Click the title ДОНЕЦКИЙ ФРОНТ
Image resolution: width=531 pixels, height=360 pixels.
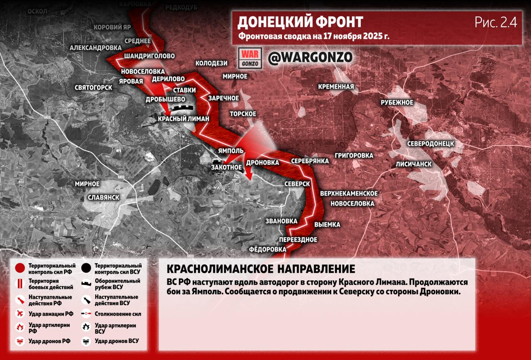pyautogui.click(x=300, y=22)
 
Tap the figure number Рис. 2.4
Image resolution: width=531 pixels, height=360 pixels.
pyautogui.click(x=496, y=22)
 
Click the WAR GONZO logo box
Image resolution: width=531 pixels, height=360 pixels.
pyautogui.click(x=251, y=58)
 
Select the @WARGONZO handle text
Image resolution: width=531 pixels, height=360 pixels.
pyautogui.click(x=310, y=57)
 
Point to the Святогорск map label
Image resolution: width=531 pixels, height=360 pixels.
pyautogui.click(x=93, y=88)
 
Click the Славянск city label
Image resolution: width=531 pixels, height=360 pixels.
pyautogui.click(x=104, y=197)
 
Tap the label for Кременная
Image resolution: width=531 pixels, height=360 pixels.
pyautogui.click(x=336, y=87)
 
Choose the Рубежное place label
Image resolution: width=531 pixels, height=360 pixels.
pyautogui.click(x=397, y=103)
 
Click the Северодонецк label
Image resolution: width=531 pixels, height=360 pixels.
pyautogui.click(x=430, y=143)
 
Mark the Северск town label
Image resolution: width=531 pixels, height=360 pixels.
pyautogui.click(x=297, y=184)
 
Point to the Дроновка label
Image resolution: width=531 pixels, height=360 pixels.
pyautogui.click(x=262, y=162)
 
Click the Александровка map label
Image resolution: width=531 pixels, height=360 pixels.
pyautogui.click(x=95, y=48)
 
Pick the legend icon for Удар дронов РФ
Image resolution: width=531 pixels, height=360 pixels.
pyautogui.click(x=19, y=341)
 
